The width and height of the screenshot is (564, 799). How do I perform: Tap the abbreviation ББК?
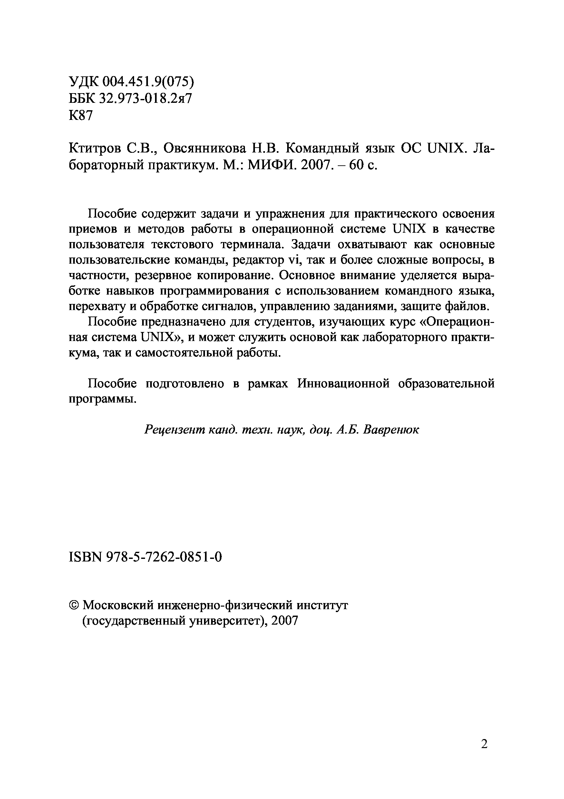pyautogui.click(x=82, y=100)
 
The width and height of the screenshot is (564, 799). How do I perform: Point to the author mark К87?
pyautogui.click(x=82, y=116)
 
